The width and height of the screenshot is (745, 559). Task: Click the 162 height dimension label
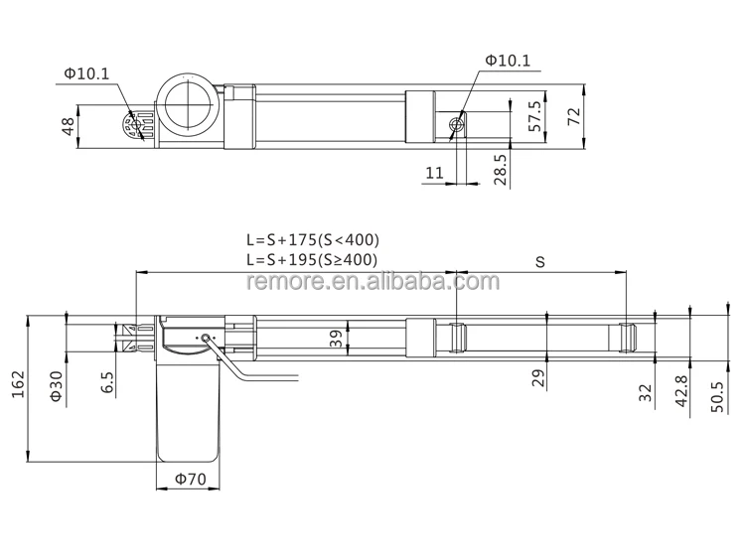pos(17,386)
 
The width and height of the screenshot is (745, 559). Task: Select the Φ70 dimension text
pos(190,480)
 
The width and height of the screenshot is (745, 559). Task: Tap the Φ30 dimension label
pos(57,386)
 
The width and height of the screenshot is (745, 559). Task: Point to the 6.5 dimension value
pos(106,382)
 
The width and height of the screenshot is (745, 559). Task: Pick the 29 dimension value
pos(537,377)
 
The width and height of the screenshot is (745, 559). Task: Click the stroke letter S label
pos(540,262)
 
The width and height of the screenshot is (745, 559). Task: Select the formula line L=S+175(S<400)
pos(313,240)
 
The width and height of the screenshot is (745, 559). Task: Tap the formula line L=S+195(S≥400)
pos(313,259)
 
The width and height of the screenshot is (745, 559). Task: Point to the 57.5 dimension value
pos(534,116)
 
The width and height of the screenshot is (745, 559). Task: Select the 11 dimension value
pos(434,173)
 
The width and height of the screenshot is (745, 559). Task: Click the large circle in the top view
pos(188,107)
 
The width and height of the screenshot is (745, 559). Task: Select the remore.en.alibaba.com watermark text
pos(372,283)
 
